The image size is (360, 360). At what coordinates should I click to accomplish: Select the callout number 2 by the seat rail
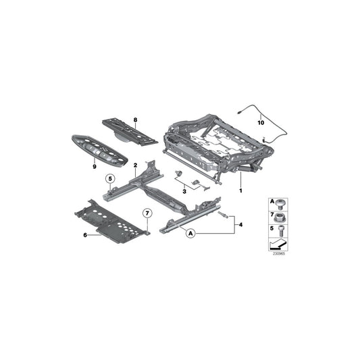tap(136, 165)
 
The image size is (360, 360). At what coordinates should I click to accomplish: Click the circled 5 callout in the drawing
tap(108, 179)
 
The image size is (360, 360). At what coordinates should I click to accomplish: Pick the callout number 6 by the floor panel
tap(85, 234)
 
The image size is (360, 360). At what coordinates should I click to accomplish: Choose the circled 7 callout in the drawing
tap(147, 215)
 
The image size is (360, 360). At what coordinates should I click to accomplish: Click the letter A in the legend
tap(270, 202)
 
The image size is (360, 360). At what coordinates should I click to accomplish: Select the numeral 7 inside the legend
tap(270, 214)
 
